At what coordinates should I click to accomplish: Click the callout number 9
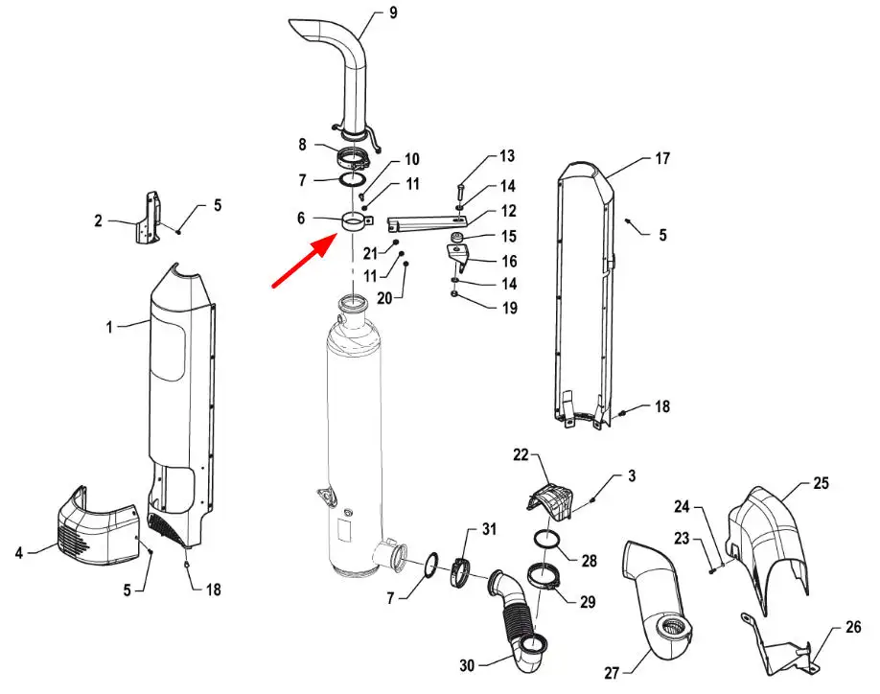click(x=393, y=12)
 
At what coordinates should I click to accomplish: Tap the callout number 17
click(x=662, y=159)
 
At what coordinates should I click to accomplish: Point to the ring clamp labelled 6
click(x=357, y=222)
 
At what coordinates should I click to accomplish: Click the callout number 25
click(x=821, y=483)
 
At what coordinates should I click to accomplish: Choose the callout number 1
click(x=110, y=327)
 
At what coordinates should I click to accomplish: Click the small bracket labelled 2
click(x=148, y=218)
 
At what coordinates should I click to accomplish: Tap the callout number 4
click(x=19, y=553)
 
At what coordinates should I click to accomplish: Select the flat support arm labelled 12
click(x=428, y=224)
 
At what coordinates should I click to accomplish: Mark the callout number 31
click(x=489, y=529)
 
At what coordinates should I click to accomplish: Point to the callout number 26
click(x=853, y=627)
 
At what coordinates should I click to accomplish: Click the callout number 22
click(x=521, y=454)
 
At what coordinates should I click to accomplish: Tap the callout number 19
click(x=510, y=308)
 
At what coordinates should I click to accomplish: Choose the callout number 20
click(x=384, y=298)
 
